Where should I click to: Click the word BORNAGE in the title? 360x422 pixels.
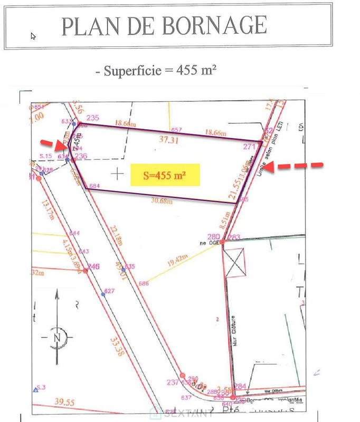click(214, 25)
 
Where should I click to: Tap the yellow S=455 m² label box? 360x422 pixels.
click(165, 176)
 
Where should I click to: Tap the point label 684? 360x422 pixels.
click(94, 186)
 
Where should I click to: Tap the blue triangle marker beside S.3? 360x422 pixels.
click(35, 390)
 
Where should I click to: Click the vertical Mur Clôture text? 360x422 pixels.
click(232, 332)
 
